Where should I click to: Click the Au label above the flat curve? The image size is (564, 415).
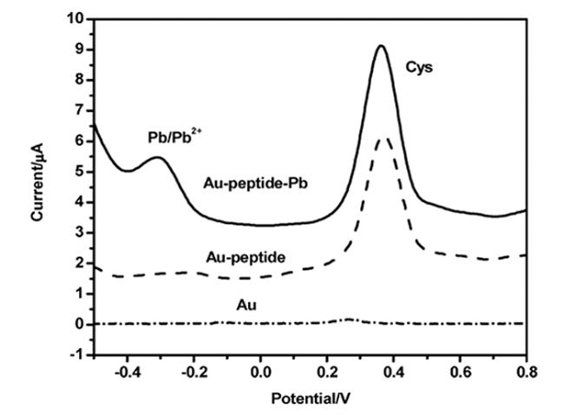tap(246, 305)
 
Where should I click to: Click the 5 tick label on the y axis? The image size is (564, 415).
tap(79, 172)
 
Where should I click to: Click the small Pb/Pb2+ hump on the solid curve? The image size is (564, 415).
tap(157, 158)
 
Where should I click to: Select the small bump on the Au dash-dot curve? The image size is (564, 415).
tap(348, 319)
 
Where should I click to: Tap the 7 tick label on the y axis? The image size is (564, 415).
tap(79, 110)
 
